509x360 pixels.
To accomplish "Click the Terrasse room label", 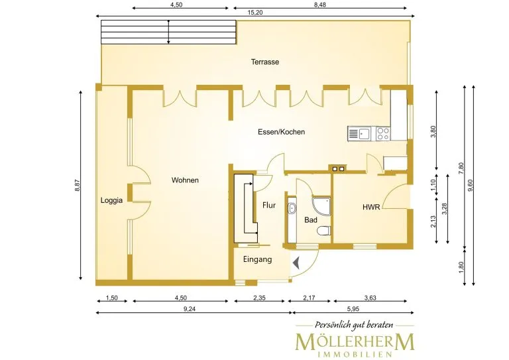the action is point(265,62).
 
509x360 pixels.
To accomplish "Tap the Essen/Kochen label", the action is point(282,132).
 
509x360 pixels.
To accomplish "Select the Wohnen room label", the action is point(185,180).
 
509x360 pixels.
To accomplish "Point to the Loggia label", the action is point(111,200).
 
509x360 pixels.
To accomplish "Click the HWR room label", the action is point(371,207).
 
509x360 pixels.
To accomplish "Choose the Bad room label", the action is point(311,220).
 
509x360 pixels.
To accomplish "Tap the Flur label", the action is point(269,205).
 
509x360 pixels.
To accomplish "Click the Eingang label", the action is point(257,259).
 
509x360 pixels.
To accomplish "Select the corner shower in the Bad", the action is point(321,206).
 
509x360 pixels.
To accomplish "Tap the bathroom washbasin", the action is point(292,208).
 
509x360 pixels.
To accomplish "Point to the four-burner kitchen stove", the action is point(383,134).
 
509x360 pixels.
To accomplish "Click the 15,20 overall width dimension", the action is point(255,13).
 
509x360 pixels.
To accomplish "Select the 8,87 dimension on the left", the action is point(78,185).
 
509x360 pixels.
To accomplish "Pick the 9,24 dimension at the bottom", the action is point(190,309).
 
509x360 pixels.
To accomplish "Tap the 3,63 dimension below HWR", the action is point(370,298).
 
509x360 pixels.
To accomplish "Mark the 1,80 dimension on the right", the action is point(461,267).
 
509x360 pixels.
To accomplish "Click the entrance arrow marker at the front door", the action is point(296,263).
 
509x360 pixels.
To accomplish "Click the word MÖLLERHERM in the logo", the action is point(355,342).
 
